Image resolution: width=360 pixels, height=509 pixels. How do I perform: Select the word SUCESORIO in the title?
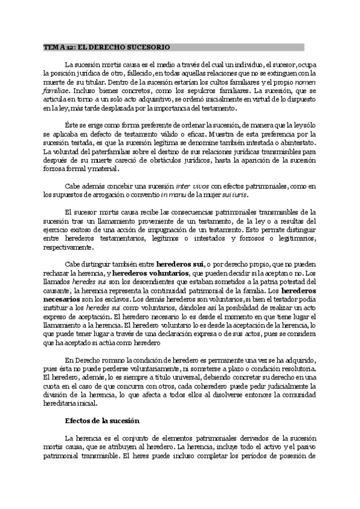(x=148, y=47)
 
